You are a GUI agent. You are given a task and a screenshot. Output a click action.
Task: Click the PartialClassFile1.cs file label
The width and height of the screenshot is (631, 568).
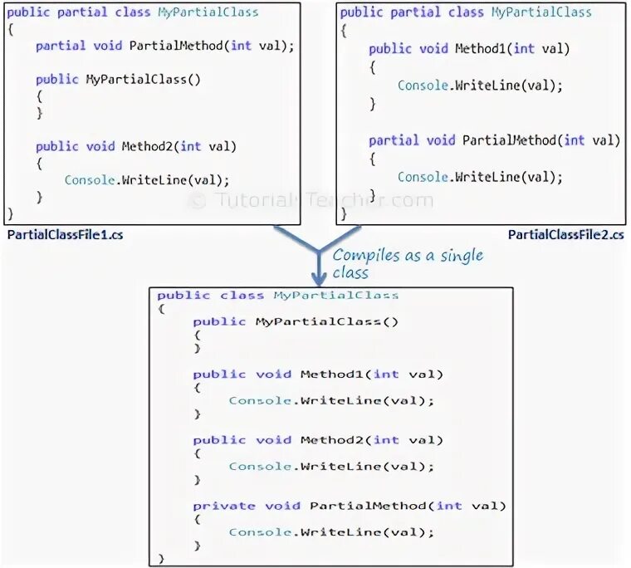click(x=66, y=235)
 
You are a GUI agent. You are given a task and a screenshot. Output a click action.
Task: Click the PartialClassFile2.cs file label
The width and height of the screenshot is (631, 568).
click(x=565, y=235)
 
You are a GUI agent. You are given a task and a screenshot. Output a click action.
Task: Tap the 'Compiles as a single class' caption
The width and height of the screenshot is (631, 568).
click(x=407, y=263)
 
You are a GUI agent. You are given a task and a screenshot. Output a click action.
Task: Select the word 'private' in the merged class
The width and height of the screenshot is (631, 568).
click(x=224, y=505)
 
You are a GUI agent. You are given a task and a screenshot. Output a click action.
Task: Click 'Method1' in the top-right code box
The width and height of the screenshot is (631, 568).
click(x=482, y=49)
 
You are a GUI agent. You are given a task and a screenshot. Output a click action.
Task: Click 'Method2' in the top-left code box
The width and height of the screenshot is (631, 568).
click(x=147, y=146)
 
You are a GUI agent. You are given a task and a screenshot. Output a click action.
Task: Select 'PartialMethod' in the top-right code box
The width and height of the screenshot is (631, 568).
click(x=509, y=140)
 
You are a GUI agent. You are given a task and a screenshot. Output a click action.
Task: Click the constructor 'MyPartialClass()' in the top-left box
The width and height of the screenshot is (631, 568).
click(x=144, y=79)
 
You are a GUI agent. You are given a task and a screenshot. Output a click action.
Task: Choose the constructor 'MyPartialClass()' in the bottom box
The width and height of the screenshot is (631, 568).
click(x=327, y=321)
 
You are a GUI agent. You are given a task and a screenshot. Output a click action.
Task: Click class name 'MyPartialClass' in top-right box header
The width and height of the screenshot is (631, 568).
click(x=541, y=12)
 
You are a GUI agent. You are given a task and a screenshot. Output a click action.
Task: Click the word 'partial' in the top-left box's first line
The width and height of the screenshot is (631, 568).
click(x=76, y=12)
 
